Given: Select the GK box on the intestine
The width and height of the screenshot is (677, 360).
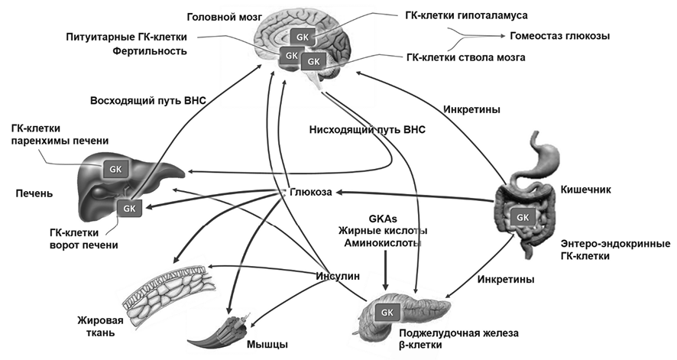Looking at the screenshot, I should tap(523, 216).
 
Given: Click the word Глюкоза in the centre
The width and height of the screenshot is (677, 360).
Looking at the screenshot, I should tap(310, 193).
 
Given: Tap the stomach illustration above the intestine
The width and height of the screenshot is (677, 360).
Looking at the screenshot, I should tap(540, 157).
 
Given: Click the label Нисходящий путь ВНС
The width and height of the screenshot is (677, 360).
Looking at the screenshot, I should tap(367, 129).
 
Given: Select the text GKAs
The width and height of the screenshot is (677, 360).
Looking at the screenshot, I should tap(385, 217).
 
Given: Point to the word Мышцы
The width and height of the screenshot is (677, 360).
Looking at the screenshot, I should tap(267, 345).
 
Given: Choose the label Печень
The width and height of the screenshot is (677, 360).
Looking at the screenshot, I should tap(32, 193).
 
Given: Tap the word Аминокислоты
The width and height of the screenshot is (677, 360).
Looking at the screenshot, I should tap(385, 242).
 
